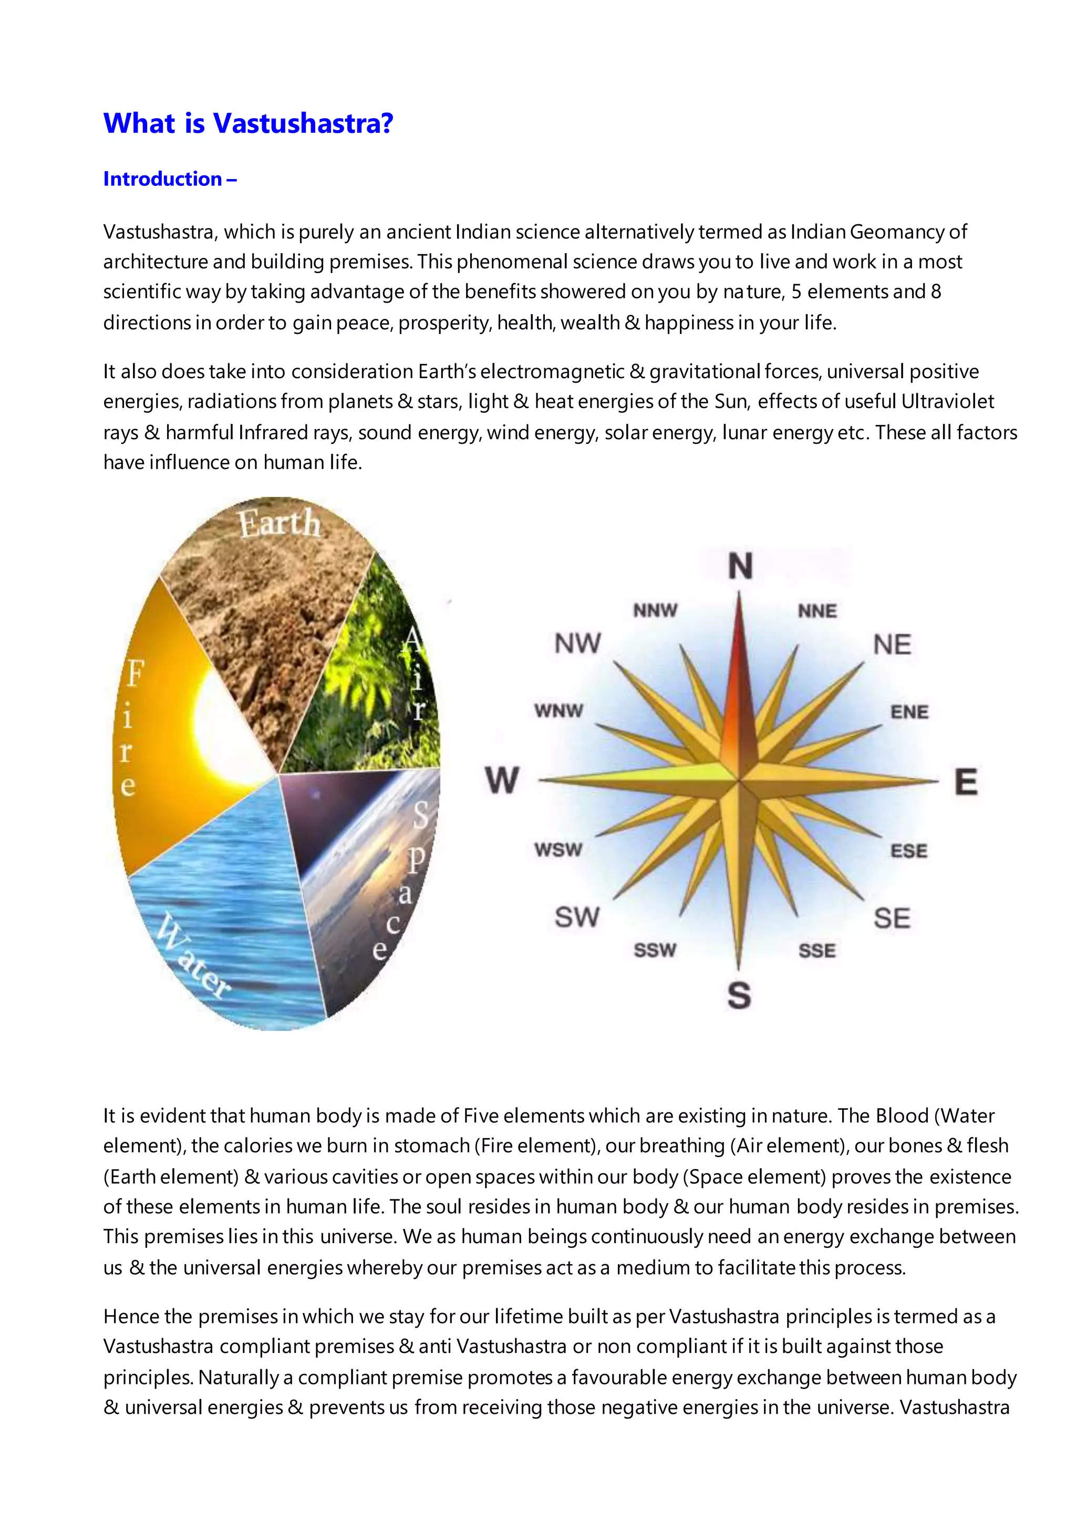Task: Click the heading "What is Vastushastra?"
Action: click(x=249, y=123)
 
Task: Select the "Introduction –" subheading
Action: click(x=170, y=179)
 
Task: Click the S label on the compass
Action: click(x=739, y=996)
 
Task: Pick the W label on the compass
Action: click(x=502, y=780)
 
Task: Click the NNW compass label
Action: click(x=655, y=610)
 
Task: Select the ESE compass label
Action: click(x=909, y=851)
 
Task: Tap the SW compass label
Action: click(x=577, y=918)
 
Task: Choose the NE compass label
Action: click(x=892, y=644)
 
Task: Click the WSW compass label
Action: click(x=558, y=850)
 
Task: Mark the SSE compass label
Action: click(x=817, y=951)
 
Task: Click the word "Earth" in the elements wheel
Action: click(x=280, y=524)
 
